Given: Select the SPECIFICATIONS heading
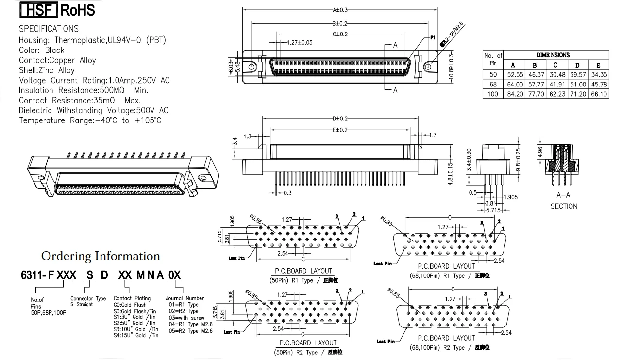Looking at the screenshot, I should (49, 29).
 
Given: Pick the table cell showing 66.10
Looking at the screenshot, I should (598, 94).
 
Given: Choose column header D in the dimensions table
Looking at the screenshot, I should (577, 65).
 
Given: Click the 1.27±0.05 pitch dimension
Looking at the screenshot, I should (299, 42).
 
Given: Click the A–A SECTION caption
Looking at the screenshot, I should (564, 201).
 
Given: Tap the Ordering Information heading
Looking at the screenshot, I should (101, 256).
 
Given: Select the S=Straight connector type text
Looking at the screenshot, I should (88, 305).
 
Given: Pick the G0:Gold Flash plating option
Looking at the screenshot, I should (130, 305).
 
